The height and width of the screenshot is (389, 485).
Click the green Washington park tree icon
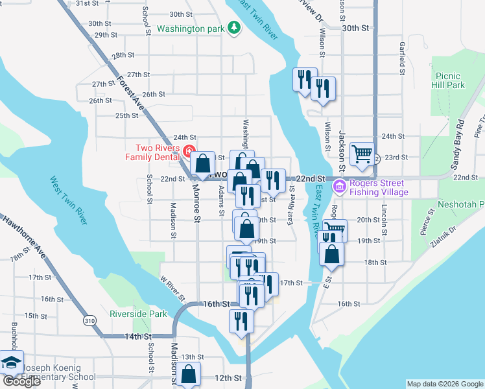[233, 29]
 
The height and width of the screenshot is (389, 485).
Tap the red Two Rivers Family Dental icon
[189, 152]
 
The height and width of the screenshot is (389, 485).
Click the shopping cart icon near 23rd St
[361, 154]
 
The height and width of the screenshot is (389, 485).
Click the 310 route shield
[89, 321]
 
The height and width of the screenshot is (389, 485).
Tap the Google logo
[21, 381]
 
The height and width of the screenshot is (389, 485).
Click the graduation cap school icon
[11, 362]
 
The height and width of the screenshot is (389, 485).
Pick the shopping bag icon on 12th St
[188, 374]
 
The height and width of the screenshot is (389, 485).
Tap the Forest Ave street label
[129, 93]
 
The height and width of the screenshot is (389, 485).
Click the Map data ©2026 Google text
[444, 384]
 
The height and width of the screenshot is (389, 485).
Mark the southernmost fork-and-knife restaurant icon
[241, 320]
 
